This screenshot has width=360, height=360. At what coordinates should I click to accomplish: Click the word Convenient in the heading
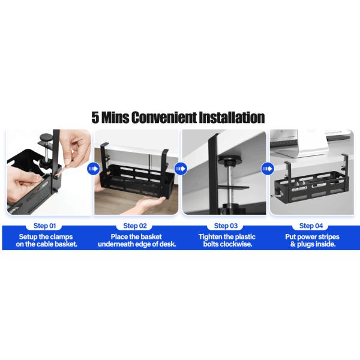[164, 118]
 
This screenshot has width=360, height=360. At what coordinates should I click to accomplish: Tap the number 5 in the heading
[95, 118]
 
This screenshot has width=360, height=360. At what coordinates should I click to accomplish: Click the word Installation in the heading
[232, 118]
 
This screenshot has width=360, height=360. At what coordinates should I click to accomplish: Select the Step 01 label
[44, 226]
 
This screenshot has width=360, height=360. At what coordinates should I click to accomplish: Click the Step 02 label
[135, 226]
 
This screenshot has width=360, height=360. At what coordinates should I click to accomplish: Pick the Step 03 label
[226, 226]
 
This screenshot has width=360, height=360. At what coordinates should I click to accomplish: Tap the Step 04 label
[311, 226]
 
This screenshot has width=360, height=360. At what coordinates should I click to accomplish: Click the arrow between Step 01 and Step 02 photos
[93, 169]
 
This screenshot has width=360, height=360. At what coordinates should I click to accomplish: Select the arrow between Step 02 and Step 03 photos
[181, 169]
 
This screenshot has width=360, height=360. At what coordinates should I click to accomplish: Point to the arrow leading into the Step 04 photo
[268, 169]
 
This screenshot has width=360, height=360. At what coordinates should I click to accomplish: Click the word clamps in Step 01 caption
[61, 237]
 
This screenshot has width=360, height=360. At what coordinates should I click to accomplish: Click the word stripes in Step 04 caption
[328, 237]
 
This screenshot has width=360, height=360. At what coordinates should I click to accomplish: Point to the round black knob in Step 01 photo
[46, 138]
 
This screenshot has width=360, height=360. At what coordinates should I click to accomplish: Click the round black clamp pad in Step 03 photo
[229, 160]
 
